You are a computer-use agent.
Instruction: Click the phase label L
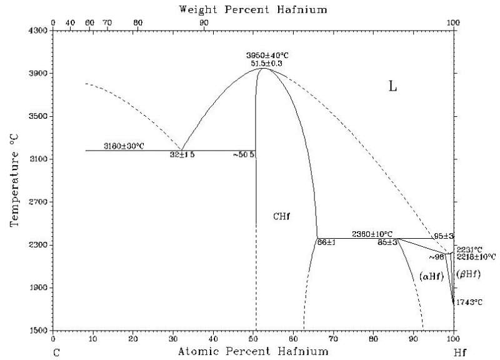click(x=392, y=87)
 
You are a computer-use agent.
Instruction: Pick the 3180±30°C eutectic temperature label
click(x=124, y=146)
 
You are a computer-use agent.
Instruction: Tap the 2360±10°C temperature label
click(x=372, y=234)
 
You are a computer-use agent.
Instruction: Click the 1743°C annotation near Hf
click(x=470, y=302)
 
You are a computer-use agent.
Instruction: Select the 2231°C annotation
click(x=473, y=249)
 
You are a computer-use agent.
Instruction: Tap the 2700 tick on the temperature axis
click(x=38, y=202)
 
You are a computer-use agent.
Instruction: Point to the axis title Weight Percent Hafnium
click(x=253, y=9)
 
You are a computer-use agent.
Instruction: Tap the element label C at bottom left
click(x=56, y=352)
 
